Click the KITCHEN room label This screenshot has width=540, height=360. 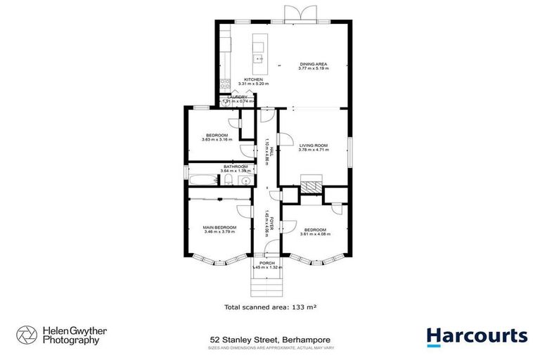click(253, 79)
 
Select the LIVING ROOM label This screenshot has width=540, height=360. click(314, 145)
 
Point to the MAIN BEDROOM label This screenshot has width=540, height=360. click(220, 227)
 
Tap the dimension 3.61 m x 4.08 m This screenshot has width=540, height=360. click(315, 234)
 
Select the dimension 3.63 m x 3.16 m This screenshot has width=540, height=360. click(217, 139)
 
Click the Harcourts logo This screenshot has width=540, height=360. click(477, 335)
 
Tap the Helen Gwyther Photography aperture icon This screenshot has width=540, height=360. click(26, 335)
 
